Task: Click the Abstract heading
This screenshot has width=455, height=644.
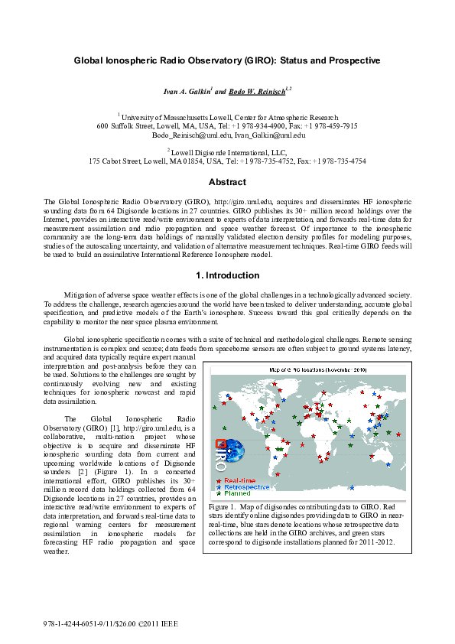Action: point(227,182)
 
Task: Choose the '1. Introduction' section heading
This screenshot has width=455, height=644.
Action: point(227,274)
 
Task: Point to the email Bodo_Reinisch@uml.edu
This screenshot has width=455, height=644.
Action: point(189,135)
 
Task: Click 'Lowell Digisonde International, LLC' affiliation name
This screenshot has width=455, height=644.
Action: point(229,152)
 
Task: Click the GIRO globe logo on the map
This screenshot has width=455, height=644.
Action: point(229,450)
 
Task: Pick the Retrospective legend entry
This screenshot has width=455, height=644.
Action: point(246,487)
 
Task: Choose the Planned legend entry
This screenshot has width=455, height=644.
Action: point(237,493)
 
